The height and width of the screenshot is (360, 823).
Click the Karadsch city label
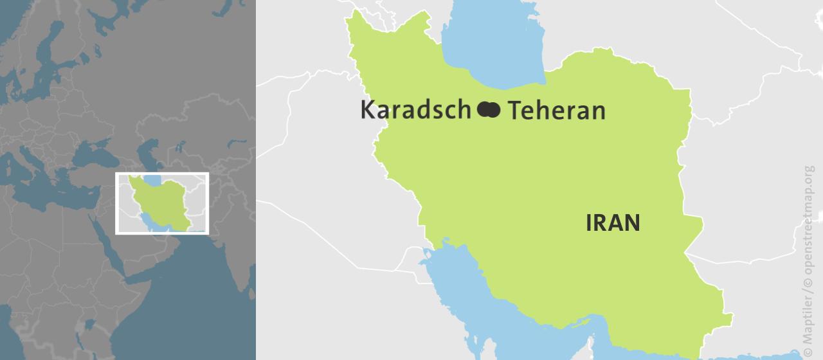(x=415, y=110)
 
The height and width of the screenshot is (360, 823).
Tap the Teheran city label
(x=557, y=111)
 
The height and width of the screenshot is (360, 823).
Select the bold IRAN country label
(x=613, y=223)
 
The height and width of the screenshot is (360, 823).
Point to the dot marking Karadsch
(x=484, y=110)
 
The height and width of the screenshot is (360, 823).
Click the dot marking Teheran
(x=493, y=110)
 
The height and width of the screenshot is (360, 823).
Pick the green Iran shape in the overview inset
(x=164, y=203)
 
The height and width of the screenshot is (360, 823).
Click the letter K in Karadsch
(x=367, y=110)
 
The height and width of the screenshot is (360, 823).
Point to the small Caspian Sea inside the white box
(x=152, y=179)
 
